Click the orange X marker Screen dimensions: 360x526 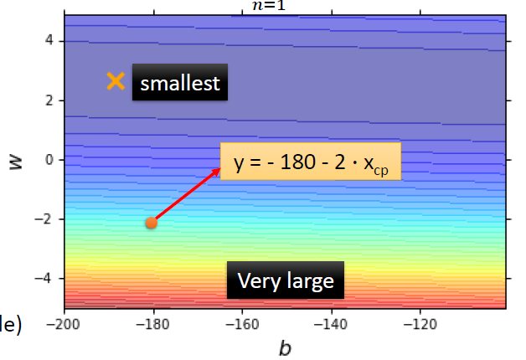pyautogui.click(x=116, y=81)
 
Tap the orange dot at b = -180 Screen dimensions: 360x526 pyautogui.click(x=151, y=222)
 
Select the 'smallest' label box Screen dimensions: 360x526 pyautogui.click(x=180, y=84)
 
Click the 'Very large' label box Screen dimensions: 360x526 pyautogui.click(x=286, y=281)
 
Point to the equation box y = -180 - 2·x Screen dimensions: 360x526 pyautogui.click(x=311, y=162)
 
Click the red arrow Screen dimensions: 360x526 pyautogui.click(x=187, y=195)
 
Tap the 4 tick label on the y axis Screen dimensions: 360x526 pyautogui.click(x=49, y=40)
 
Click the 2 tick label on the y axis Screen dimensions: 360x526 pyautogui.click(x=49, y=100)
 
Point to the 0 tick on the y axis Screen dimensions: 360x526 pyautogui.click(x=49, y=160)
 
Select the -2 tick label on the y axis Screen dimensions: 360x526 pyautogui.click(x=46, y=219)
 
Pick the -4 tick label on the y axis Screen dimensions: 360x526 pyautogui.click(x=46, y=279)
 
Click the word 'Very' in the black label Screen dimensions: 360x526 pyautogui.click(x=257, y=281)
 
